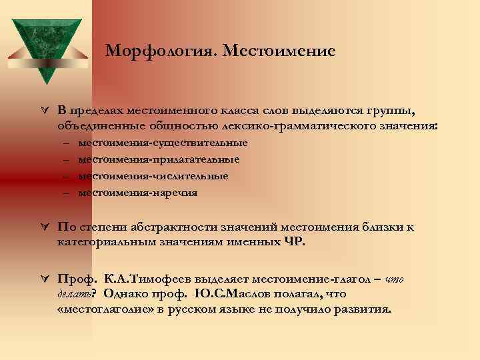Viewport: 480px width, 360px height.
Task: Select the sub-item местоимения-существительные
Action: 163,143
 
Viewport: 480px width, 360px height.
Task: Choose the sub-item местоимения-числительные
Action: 153,176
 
